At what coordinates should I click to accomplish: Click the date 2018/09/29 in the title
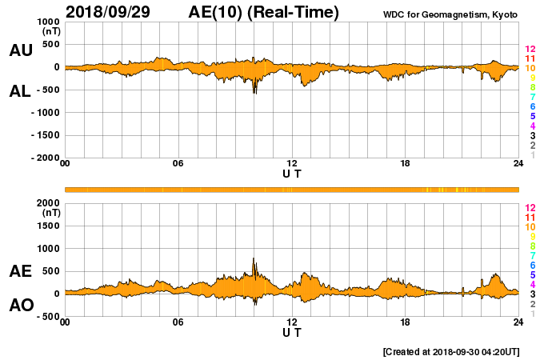[x=111, y=12]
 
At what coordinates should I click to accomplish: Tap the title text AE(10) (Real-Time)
[x=264, y=12]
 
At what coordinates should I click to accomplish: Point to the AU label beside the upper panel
[x=21, y=50]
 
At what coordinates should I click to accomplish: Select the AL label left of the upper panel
[x=21, y=91]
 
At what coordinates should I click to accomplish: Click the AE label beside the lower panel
[x=21, y=271]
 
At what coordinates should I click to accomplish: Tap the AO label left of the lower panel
[x=21, y=306]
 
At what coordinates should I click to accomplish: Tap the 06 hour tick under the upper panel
[x=178, y=164]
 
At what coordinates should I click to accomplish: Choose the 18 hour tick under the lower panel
[x=406, y=322]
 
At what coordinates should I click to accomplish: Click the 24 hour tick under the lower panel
[x=518, y=322]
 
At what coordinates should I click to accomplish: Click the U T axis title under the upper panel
[x=291, y=173]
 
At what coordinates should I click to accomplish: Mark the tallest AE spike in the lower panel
[x=254, y=259]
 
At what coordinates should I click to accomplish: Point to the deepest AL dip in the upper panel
[x=254, y=93]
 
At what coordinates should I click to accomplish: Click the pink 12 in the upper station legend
[x=530, y=50]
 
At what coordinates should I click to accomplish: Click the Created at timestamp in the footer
[x=453, y=351]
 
